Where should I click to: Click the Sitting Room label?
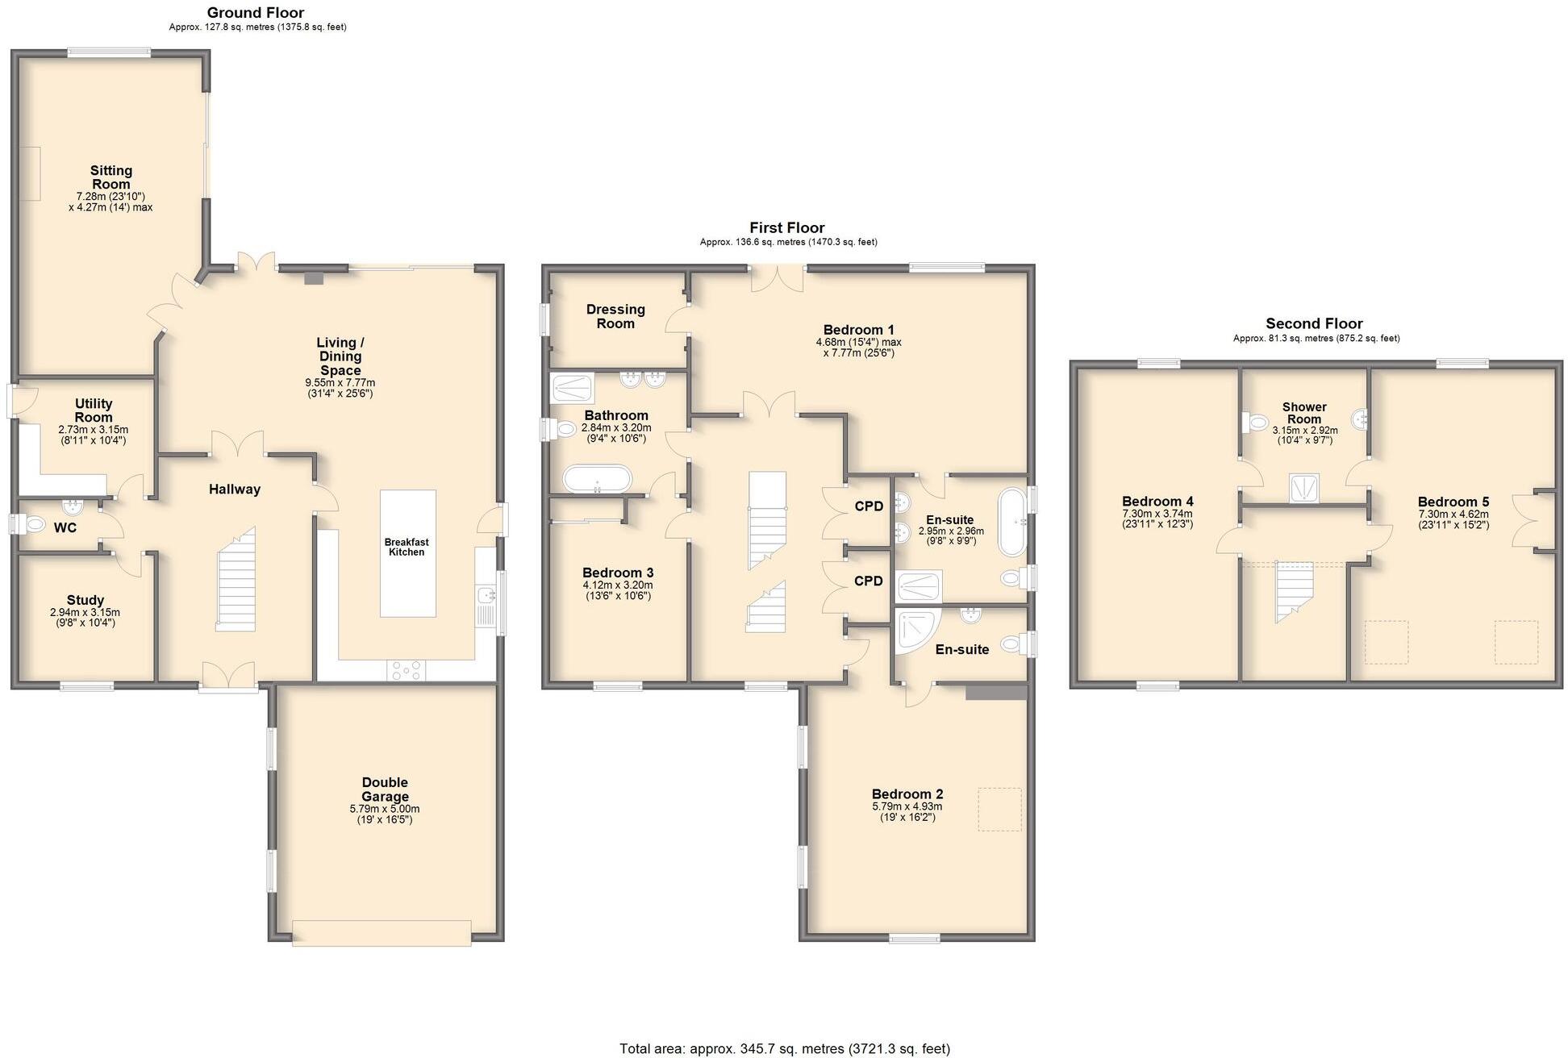point(111,177)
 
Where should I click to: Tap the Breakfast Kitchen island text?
point(407,547)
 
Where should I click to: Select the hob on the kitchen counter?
point(407,670)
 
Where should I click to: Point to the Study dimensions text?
point(85,618)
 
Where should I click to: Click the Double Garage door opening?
point(382,933)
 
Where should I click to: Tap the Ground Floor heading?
point(256,12)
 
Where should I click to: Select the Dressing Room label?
point(615,316)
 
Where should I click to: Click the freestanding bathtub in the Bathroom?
point(598,479)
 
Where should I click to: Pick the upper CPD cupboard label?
point(869,506)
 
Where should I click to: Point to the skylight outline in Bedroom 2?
point(999,810)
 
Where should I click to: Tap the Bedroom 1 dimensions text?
point(858,348)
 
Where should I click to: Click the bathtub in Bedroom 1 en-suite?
point(1011,522)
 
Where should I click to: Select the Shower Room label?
point(1304,413)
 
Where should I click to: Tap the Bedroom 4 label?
point(1157,501)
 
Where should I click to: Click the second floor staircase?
point(1293,591)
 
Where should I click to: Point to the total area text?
point(784,1048)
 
